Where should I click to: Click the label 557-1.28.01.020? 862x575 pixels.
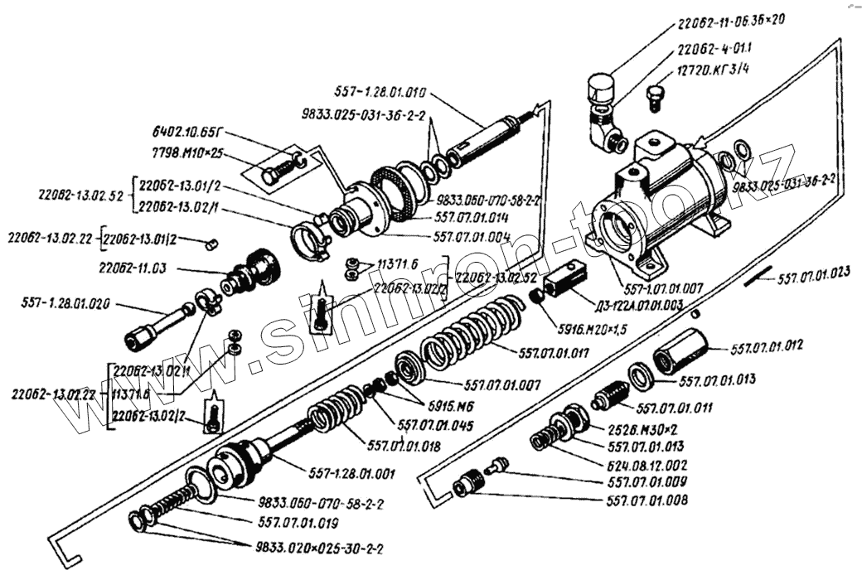click(64, 304)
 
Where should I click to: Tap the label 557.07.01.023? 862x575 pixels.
click(816, 281)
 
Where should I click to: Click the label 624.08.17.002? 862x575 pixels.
click(648, 465)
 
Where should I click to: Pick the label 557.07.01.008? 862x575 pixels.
click(646, 500)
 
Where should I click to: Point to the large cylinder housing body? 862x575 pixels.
click(663, 199)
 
